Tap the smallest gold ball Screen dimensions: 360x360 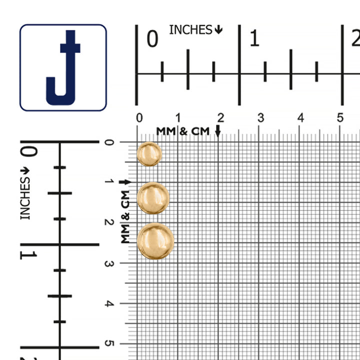[x=149, y=154]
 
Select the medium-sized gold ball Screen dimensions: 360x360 [x=153, y=198]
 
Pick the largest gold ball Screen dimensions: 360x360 [x=155, y=241]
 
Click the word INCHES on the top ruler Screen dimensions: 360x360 [x=190, y=30]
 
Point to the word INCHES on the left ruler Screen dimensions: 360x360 [x=25, y=198]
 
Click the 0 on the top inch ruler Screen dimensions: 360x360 [x=152, y=39]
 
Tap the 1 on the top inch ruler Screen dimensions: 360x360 [x=254, y=38]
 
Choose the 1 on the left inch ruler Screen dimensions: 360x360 [x=28, y=255]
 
